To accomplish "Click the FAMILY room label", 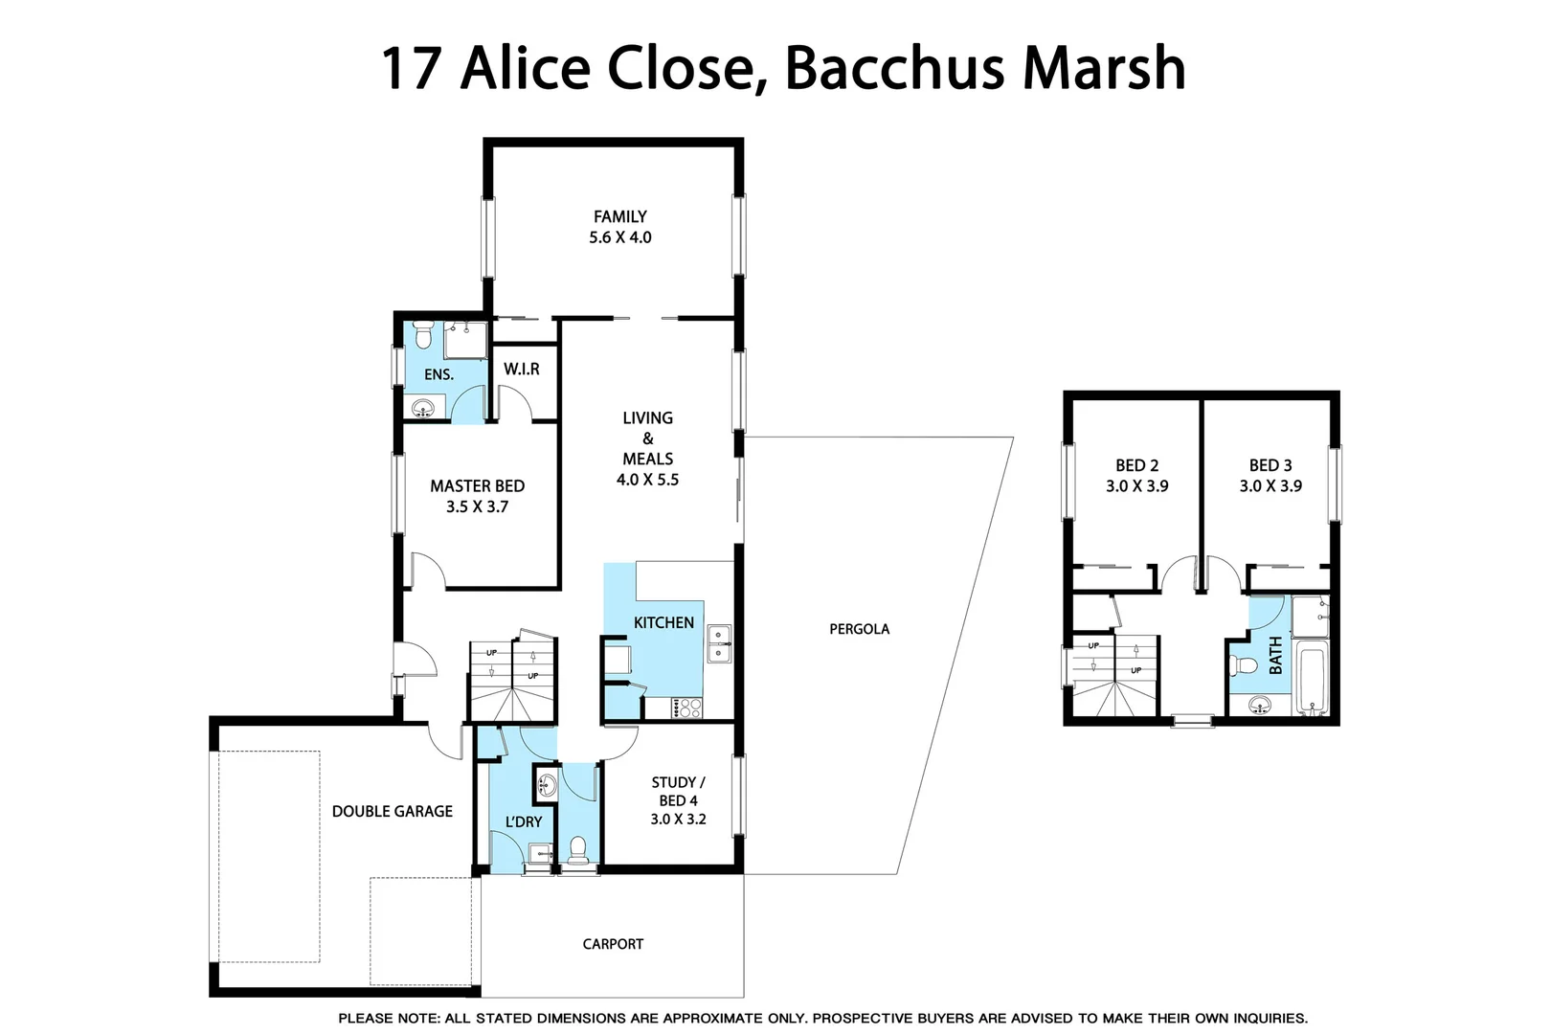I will click(x=619, y=217).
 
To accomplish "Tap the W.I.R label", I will click(x=522, y=369).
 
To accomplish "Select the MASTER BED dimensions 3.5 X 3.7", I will click(x=477, y=506).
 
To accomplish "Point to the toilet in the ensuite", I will click(x=424, y=336).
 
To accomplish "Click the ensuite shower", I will click(x=465, y=340).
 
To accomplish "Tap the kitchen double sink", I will click(x=719, y=643).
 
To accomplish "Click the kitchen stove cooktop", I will click(x=686, y=708).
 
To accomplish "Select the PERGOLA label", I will click(x=859, y=629).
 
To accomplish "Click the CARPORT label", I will click(x=613, y=944).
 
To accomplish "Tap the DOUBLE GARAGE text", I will click(x=392, y=811).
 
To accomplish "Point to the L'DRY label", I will click(x=524, y=821).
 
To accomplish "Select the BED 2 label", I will click(x=1136, y=465).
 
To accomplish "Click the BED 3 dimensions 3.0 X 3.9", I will click(x=1270, y=486).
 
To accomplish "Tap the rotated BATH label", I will click(x=1275, y=656).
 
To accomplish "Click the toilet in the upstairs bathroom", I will click(x=1245, y=664).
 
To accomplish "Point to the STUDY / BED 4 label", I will click(x=678, y=791).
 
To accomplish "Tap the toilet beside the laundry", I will click(x=578, y=848).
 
